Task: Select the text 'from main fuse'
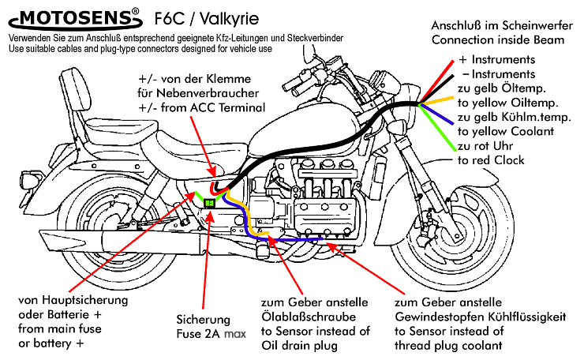click(56, 329)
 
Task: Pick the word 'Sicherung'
click(203, 321)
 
